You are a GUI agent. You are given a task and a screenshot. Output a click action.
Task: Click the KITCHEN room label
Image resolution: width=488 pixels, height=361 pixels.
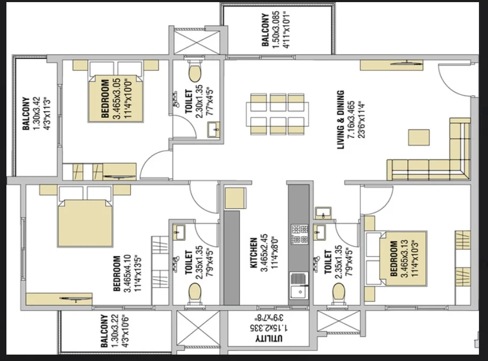point(254,253)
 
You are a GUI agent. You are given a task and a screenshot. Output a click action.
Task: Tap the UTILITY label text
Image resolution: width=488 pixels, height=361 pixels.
point(269,339)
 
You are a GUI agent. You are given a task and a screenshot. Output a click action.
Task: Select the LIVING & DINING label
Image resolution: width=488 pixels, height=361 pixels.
point(341,120)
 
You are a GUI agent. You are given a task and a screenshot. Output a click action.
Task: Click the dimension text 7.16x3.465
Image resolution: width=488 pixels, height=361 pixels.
point(351,120)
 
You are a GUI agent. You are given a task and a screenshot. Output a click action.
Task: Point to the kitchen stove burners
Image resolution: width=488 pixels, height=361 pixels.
point(299,234)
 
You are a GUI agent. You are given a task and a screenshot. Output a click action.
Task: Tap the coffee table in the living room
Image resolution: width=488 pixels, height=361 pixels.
point(419,137)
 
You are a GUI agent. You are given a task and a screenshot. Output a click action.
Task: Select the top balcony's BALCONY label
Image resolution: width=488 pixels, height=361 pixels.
point(265,30)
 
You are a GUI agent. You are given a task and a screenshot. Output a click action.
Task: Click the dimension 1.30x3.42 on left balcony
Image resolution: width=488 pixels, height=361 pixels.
point(36,114)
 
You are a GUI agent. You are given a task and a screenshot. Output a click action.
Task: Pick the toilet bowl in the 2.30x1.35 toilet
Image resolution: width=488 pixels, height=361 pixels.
point(195,72)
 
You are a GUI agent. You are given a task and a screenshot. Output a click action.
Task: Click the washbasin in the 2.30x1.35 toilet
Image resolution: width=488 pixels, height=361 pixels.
point(213,130)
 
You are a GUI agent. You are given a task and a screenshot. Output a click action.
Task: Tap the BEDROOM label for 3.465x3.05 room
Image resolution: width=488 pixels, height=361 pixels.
point(105,99)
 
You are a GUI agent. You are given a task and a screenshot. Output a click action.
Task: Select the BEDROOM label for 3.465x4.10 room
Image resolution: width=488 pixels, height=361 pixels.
point(117,273)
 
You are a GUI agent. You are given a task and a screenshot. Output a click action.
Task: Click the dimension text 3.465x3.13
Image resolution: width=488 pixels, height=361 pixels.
point(404,258)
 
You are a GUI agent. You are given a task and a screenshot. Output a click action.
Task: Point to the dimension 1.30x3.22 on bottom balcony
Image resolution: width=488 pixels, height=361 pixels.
point(114,331)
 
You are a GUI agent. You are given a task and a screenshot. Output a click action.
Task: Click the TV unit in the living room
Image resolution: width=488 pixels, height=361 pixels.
point(391,65)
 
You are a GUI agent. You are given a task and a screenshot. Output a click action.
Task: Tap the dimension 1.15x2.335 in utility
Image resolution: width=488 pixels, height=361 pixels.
point(269,328)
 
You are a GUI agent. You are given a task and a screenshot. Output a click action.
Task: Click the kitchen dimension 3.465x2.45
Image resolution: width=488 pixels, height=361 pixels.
point(264,253)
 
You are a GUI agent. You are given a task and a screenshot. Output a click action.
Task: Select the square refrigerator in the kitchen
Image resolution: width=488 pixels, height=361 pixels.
point(235,198)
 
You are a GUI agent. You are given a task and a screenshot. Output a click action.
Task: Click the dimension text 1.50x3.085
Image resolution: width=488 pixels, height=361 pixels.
point(276,30)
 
